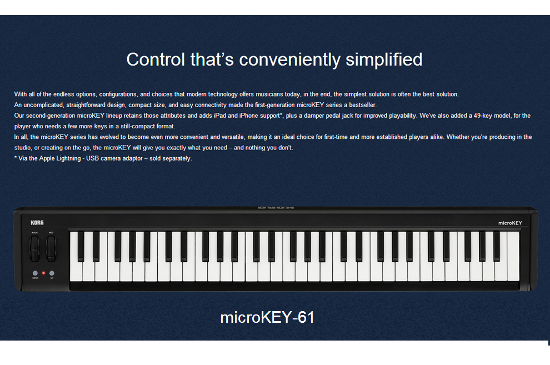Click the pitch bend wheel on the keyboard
(35, 248)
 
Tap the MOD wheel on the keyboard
(51, 248)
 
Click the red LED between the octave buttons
(43, 273)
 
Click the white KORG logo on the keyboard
(37, 223)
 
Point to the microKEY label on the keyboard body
(510, 223)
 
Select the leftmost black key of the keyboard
(81, 246)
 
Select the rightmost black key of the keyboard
(497, 246)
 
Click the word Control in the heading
(156, 59)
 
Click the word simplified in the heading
(384, 59)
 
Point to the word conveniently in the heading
(290, 60)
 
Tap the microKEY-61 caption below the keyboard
(267, 317)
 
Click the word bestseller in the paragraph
(362, 105)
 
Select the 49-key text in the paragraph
(483, 116)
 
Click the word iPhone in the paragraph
(249, 116)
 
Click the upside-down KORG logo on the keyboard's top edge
(276, 208)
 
